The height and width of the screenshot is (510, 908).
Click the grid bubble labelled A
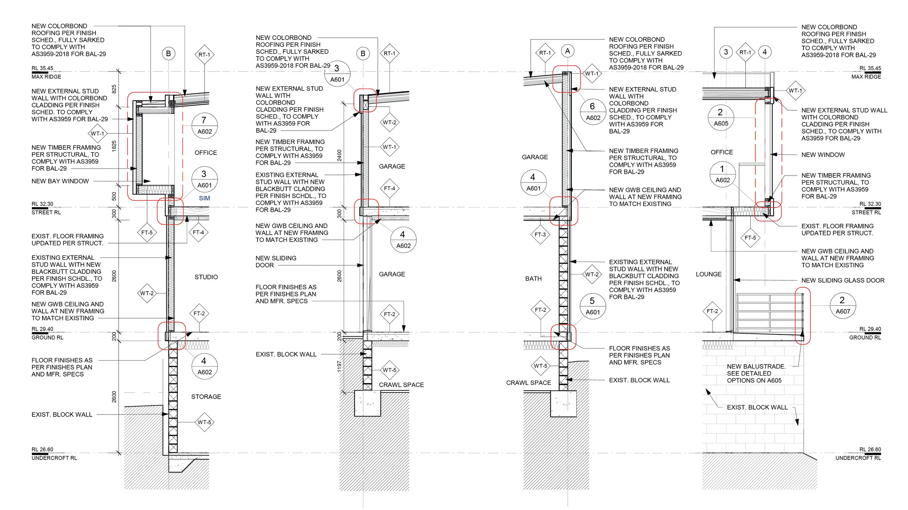(x=568, y=51)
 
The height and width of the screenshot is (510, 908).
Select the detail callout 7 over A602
(x=204, y=126)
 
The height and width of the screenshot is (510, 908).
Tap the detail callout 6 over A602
(x=593, y=112)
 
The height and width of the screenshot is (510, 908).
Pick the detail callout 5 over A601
(x=593, y=306)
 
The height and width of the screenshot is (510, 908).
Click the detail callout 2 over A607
(x=843, y=305)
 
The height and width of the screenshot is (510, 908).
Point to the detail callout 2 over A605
(x=721, y=118)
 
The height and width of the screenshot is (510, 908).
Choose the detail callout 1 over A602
(x=722, y=174)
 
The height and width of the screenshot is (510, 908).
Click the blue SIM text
(x=204, y=198)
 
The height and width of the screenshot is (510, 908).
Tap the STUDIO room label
(x=206, y=277)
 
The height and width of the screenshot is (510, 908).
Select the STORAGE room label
(x=206, y=397)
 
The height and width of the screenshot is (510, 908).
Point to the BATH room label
(x=533, y=279)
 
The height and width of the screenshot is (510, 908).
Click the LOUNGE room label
(x=708, y=274)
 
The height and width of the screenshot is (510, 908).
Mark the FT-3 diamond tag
(x=540, y=235)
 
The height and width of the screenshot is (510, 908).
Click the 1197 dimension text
(x=339, y=366)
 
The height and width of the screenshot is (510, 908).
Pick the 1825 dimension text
(x=114, y=146)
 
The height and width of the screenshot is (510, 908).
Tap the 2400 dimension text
(x=339, y=155)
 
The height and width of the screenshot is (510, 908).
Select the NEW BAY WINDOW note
(x=60, y=181)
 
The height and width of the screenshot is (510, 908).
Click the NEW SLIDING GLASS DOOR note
(x=843, y=280)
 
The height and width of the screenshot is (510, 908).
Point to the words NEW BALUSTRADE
(x=756, y=366)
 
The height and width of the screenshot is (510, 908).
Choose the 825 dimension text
(x=114, y=89)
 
